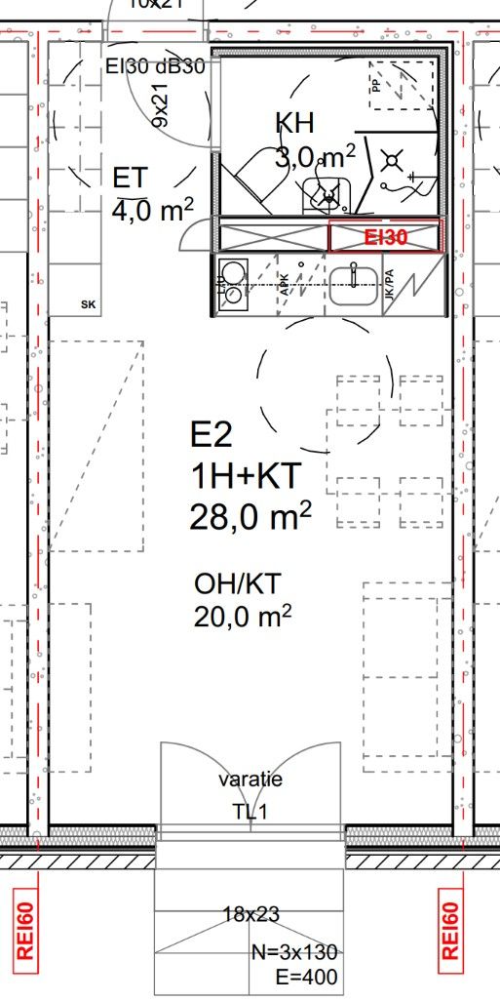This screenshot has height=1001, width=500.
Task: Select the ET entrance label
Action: [x=130, y=179]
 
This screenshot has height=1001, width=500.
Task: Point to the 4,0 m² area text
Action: [x=152, y=210]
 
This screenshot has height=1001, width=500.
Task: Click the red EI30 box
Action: [x=386, y=236]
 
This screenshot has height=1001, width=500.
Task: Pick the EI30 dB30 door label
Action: [x=156, y=67]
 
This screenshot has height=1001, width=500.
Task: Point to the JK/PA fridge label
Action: [x=390, y=284]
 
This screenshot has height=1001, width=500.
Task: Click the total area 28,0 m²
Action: [x=250, y=515]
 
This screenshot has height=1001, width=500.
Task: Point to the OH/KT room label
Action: [x=238, y=584]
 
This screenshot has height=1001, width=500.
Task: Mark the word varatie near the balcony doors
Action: [x=250, y=781]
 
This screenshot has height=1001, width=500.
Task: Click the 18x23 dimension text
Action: [x=250, y=914]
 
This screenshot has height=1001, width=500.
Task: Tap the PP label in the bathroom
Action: [x=376, y=85]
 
